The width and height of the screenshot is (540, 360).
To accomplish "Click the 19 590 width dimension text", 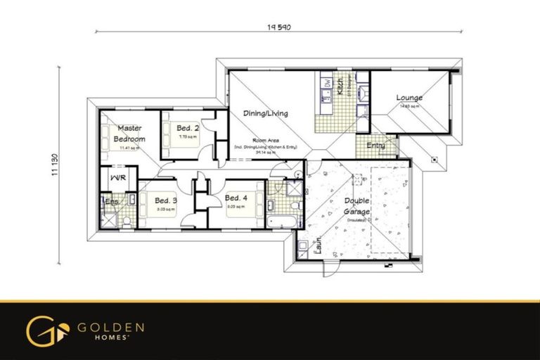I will click(278, 27).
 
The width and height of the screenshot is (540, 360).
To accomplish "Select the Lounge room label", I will click(409, 98).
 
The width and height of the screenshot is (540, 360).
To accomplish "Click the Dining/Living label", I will click(265, 112).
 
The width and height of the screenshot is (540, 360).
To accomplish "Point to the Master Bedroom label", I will click(129, 134).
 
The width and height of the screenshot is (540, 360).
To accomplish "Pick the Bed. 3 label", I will click(165, 200).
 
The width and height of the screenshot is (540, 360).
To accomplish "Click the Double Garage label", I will click(357, 205).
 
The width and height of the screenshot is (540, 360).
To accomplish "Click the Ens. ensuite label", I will click(111, 201).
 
